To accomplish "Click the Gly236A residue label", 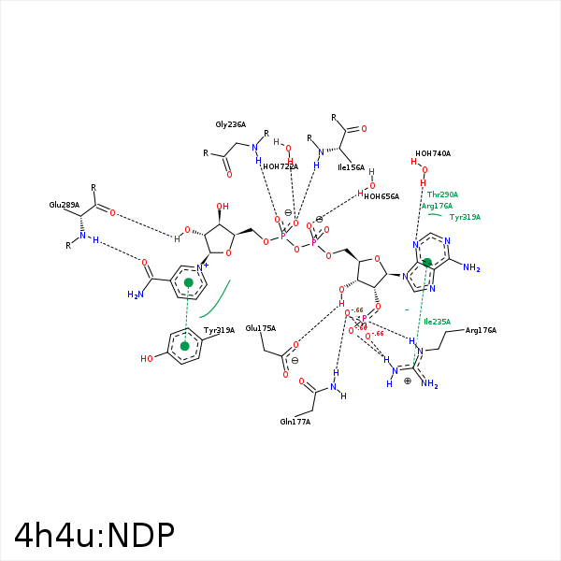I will click(230, 124).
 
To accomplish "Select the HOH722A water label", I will click(280, 166).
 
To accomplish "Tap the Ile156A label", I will click(352, 167).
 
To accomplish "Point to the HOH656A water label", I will click(381, 196).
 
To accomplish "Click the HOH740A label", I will click(433, 153).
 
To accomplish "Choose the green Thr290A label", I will click(442, 194).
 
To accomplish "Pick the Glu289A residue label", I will click(65, 204).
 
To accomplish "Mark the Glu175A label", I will click(261, 328).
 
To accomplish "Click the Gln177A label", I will click(295, 422).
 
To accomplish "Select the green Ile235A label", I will click(437, 322).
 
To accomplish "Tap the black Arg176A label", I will click(481, 330).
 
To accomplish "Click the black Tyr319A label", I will click(219, 330).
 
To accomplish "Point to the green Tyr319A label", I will click(465, 217).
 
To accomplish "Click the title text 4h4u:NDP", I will click(94, 535).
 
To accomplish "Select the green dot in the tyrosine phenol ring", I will click(185, 347).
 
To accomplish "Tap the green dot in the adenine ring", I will click(427, 263).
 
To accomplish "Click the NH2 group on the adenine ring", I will click(470, 269).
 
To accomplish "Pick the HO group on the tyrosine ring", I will click(148, 358).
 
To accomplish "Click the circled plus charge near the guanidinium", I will click(408, 381).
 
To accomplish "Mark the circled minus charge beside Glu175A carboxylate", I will click(295, 361).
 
